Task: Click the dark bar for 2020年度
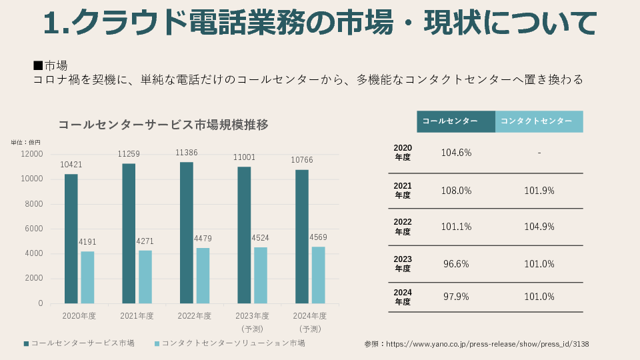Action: pos(71,239)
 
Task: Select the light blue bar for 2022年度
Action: pos(203,275)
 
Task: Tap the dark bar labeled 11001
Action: pos(244,235)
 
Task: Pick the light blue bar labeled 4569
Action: pos(318,275)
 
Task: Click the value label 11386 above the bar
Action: pos(187,153)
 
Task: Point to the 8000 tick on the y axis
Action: pos(34,204)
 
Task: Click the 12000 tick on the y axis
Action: pos(32,154)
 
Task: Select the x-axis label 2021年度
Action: pos(137,316)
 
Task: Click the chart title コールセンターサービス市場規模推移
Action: pos(163,125)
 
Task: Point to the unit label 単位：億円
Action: pos(25,142)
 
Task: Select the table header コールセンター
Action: pos(450,121)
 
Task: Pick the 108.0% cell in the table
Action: pos(456,191)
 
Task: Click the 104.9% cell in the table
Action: pos(539,227)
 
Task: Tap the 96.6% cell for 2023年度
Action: pos(456,263)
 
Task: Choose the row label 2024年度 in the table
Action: pos(403,297)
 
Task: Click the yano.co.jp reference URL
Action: pos(487,344)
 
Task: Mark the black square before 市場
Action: pos(38,65)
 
